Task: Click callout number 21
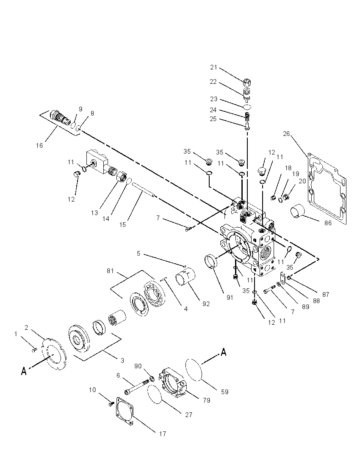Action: point(213,67)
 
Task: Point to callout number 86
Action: point(328,223)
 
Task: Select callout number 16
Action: point(39,145)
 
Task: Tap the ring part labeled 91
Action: point(211,261)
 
